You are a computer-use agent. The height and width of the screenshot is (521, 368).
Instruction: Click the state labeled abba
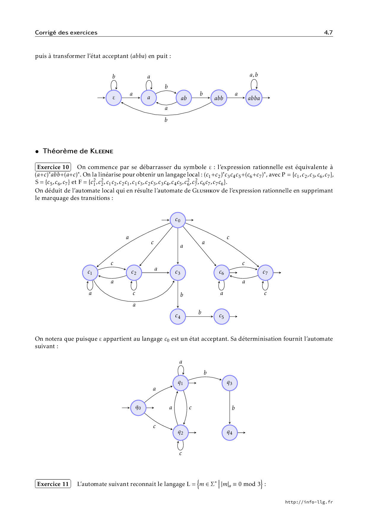tap(254, 98)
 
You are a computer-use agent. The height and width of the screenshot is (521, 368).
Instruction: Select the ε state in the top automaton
tap(114, 98)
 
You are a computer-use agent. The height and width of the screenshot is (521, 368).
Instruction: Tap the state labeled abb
tap(219, 98)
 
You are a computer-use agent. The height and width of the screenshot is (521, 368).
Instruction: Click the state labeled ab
tap(184, 98)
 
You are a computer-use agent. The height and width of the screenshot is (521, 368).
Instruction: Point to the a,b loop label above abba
tap(254, 75)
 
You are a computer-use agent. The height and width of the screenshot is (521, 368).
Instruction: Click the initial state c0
tap(178, 220)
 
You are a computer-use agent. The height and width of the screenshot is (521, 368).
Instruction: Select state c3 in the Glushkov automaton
tap(178, 273)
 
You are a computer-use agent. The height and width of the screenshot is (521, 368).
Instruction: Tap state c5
tap(221, 317)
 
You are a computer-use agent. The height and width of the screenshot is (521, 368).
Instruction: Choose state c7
tap(265, 273)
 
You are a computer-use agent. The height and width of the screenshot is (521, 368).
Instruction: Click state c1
tap(90, 273)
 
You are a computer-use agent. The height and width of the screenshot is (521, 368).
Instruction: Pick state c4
tap(178, 317)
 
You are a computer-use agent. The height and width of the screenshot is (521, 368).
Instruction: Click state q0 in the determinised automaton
tap(138, 408)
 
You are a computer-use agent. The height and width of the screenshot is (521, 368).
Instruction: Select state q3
tap(230, 383)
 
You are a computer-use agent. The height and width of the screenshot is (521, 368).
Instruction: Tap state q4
tap(230, 433)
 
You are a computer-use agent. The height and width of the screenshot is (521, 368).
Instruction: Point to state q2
tap(180, 433)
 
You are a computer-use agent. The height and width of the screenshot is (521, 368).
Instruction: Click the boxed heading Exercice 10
tap(53, 167)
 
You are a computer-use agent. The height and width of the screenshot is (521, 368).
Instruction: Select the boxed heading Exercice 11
tap(53, 484)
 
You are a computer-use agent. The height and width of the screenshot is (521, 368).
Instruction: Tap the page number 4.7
tap(328, 32)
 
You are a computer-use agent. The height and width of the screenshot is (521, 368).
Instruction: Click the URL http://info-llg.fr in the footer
tap(309, 502)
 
